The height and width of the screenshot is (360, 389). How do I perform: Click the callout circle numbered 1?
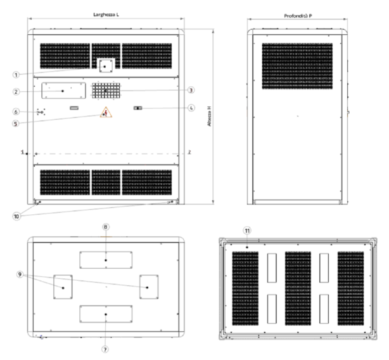tap(16, 74)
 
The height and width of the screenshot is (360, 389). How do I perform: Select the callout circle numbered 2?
tap(16, 91)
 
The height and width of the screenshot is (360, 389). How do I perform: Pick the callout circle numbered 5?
tap(16, 124)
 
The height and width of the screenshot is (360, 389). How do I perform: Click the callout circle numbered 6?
tap(16, 112)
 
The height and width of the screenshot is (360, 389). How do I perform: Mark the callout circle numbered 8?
tap(106, 226)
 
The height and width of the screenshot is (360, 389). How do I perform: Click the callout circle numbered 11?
tap(246, 229)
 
